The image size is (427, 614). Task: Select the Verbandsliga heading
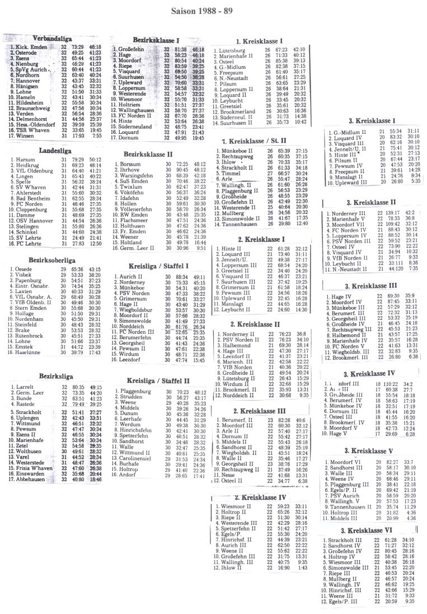pos(52,38)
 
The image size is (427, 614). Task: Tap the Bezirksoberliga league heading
pos(52,261)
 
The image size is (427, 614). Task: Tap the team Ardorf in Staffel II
pos(129,475)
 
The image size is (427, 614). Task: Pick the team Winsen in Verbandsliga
pos(25,136)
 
